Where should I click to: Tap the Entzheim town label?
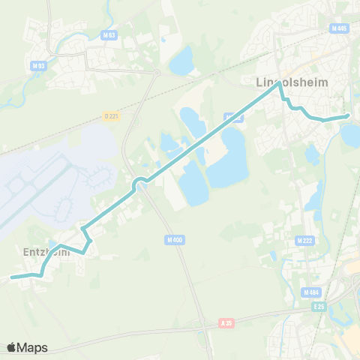click(42, 253)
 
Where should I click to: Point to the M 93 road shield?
click(39, 65)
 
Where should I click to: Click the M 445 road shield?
click(339, 28)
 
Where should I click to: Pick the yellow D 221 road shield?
click(111, 115)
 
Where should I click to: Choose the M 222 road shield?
click(304, 240)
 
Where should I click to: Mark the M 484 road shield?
click(312, 292)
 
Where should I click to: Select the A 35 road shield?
click(227, 322)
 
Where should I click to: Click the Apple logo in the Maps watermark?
click(12, 347)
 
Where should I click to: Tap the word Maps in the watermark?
click(33, 347)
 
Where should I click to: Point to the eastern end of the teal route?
click(348, 116)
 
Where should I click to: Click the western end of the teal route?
click(12, 277)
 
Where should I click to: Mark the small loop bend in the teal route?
click(139, 184)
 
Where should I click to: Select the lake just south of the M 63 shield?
click(181, 61)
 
